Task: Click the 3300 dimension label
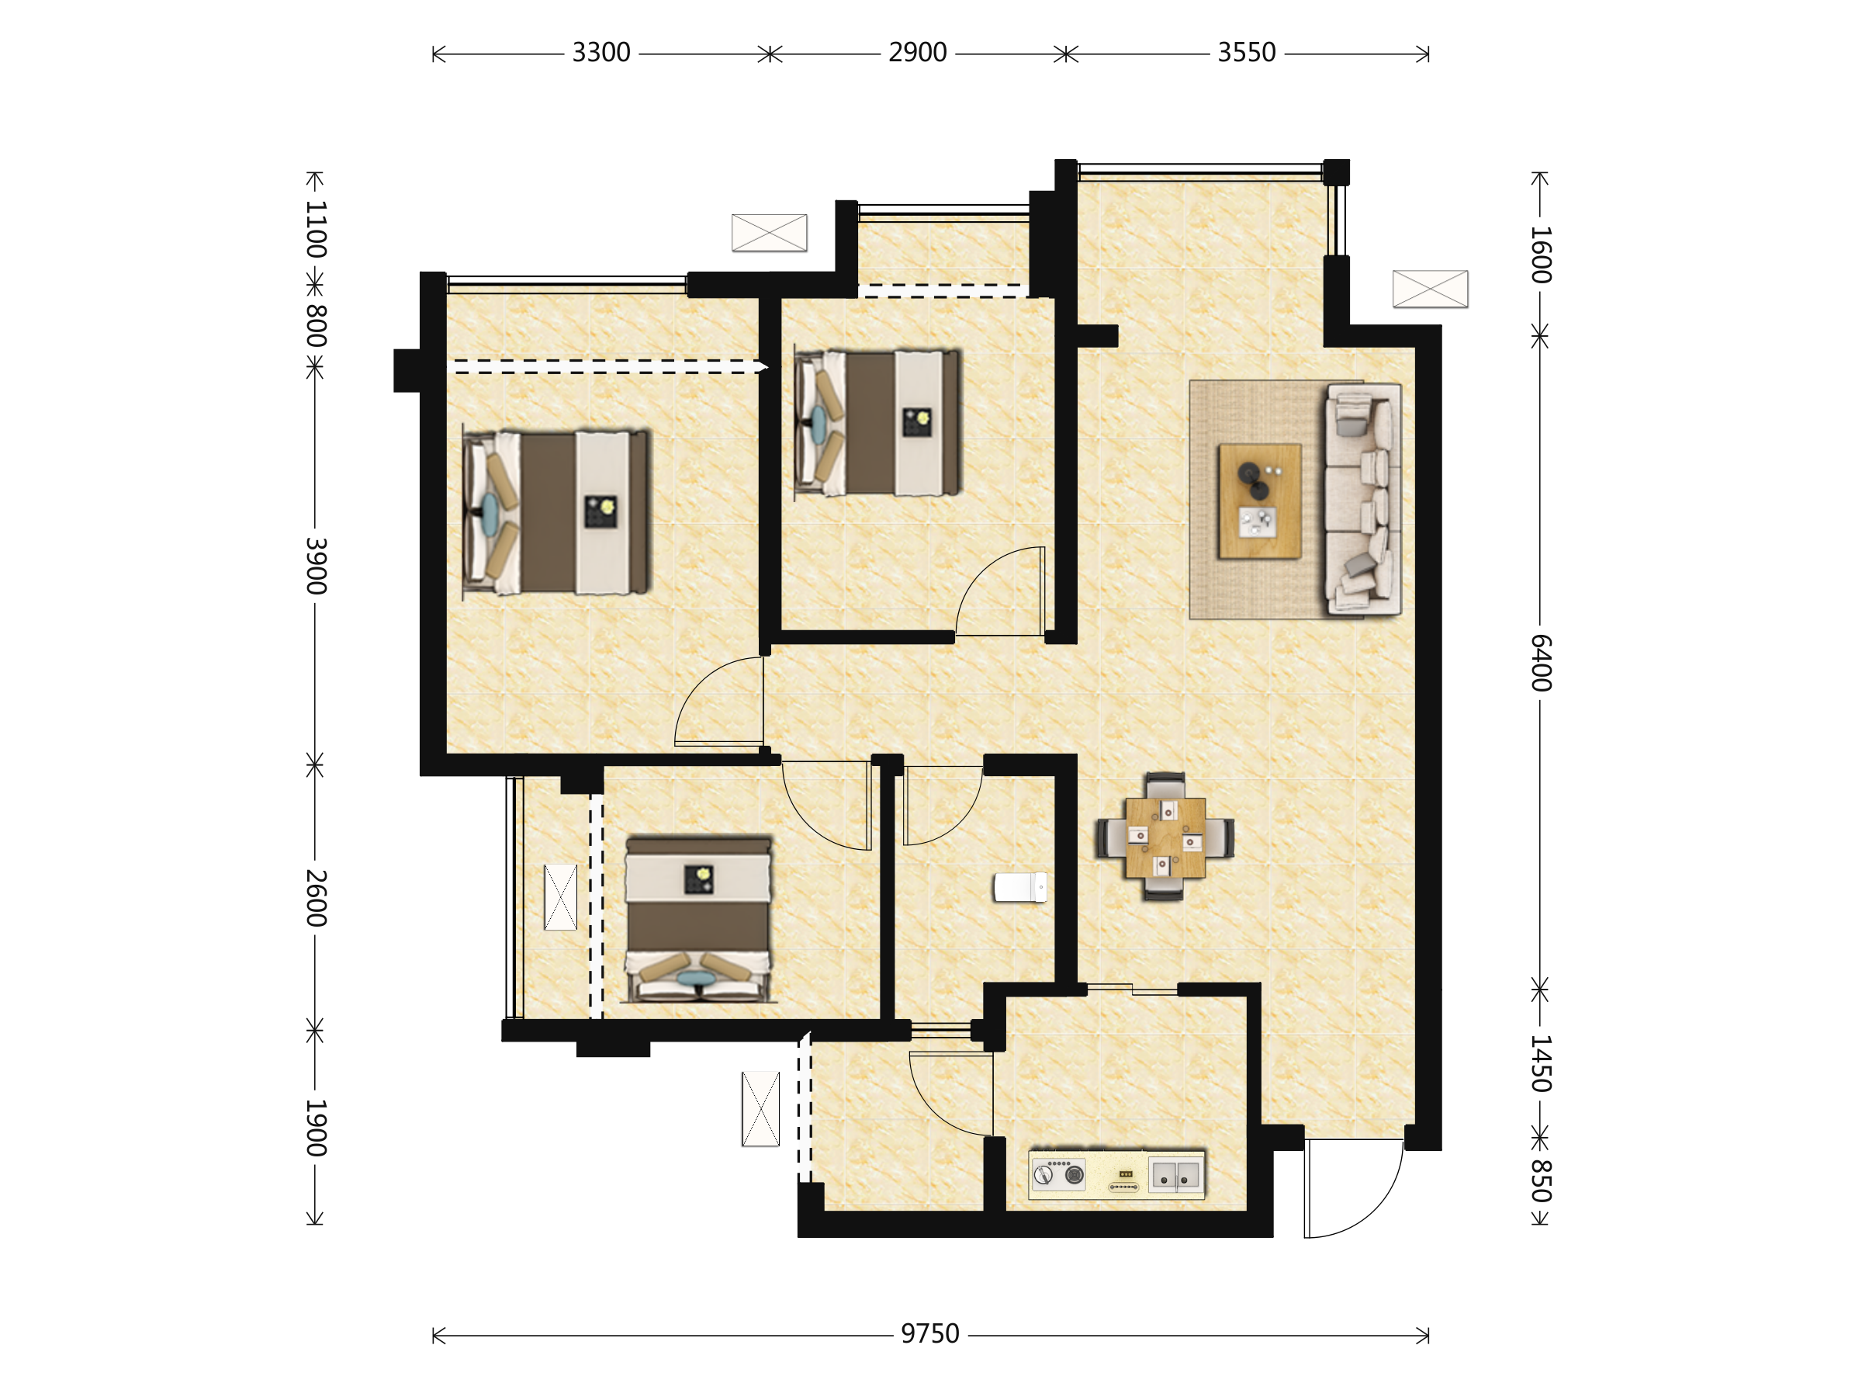[x=601, y=53]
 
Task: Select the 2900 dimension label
[x=918, y=53]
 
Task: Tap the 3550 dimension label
[x=1247, y=53]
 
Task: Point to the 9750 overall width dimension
[x=930, y=1334]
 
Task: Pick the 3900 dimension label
[x=316, y=566]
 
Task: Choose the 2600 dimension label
[x=316, y=898]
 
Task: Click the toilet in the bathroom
[x=1020, y=886]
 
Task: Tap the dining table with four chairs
[x=1165, y=837]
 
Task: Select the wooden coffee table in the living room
[x=1259, y=501]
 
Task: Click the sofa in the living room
[x=1364, y=498]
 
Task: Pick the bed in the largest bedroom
[x=556, y=513]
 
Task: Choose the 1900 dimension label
[x=316, y=1128]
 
